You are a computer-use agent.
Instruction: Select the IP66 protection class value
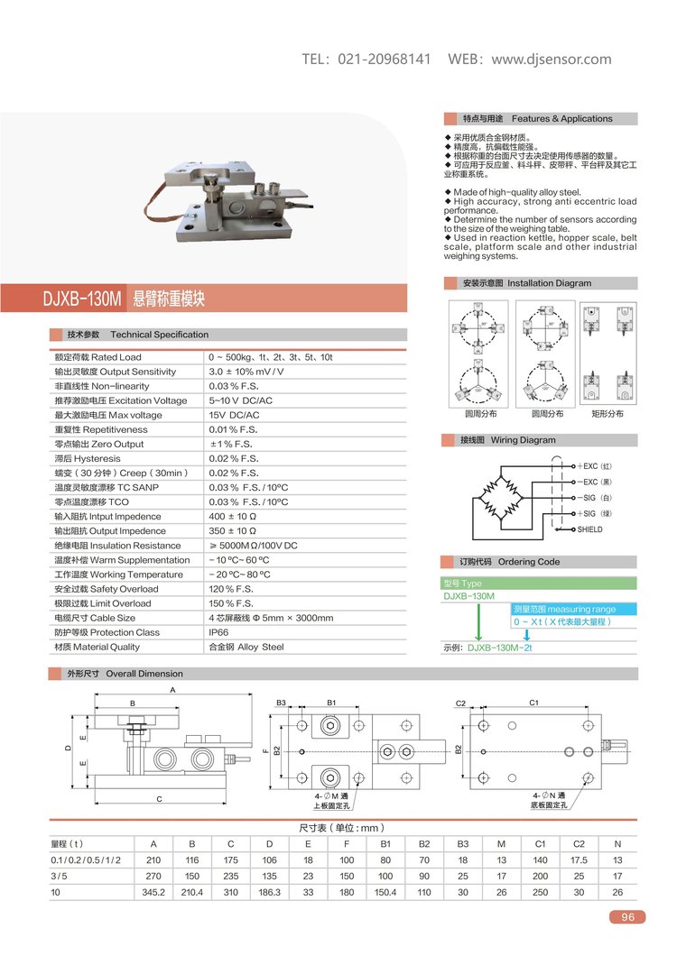[x=219, y=632]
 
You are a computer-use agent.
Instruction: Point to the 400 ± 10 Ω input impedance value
[x=234, y=517]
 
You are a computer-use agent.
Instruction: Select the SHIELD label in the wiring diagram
[x=589, y=529]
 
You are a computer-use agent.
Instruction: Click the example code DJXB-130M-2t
[x=499, y=648]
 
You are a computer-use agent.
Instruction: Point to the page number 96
[x=628, y=917]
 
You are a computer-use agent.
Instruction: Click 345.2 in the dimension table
[x=153, y=892]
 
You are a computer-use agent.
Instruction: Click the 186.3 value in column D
[x=269, y=892]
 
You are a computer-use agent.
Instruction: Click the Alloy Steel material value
[x=246, y=647]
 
